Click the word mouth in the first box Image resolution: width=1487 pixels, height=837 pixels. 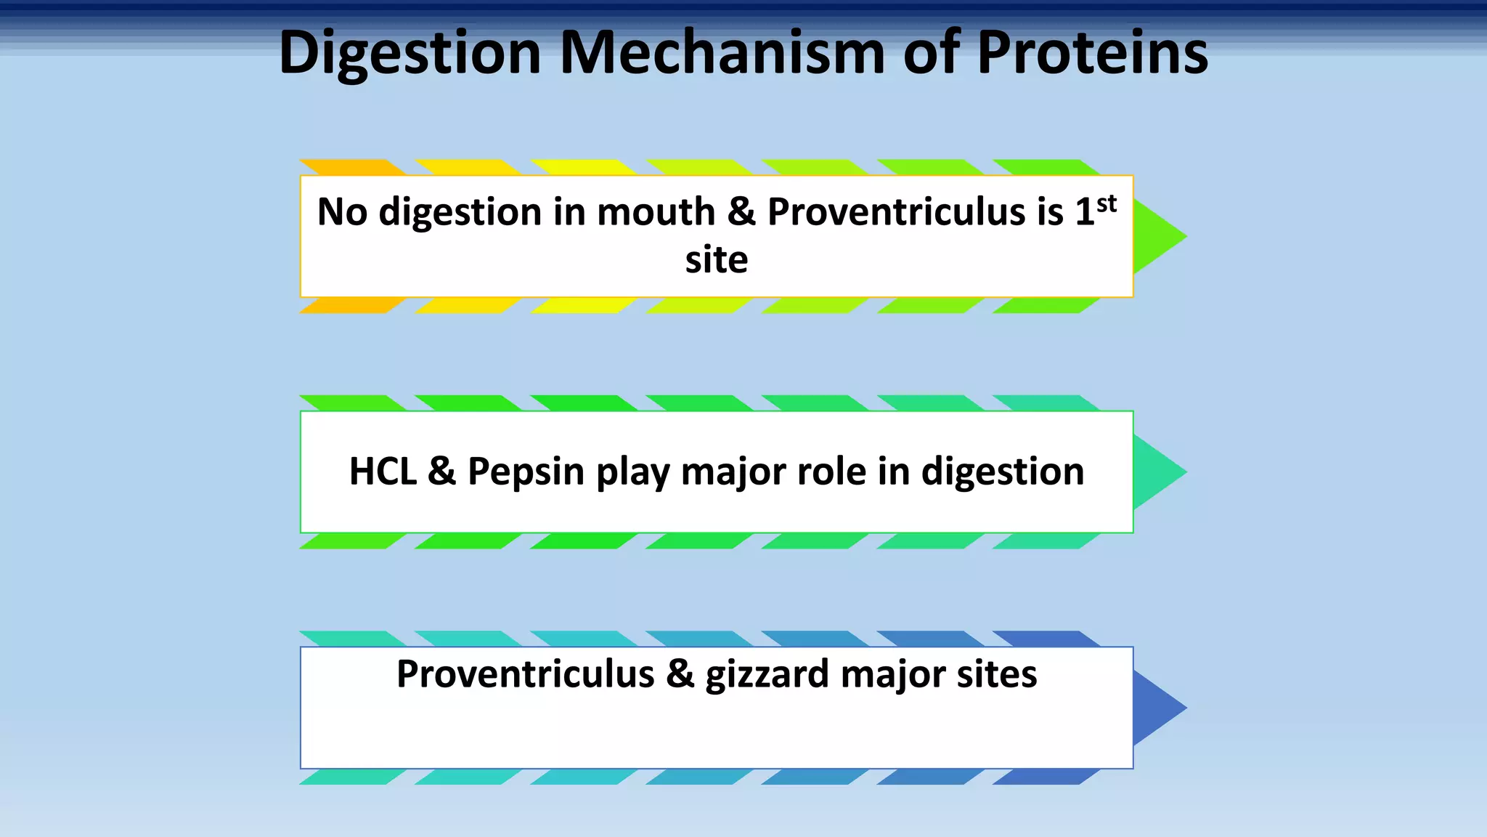click(x=656, y=212)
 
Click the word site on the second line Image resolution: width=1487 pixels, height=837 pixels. click(x=716, y=260)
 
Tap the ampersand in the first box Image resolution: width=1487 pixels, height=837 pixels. click(x=741, y=212)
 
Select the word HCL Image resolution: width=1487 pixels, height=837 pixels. click(x=383, y=472)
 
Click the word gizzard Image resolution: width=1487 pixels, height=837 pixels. click(x=767, y=675)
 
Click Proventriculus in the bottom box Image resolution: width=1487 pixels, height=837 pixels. click(x=525, y=674)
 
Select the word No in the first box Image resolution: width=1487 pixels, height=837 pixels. click(x=342, y=212)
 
